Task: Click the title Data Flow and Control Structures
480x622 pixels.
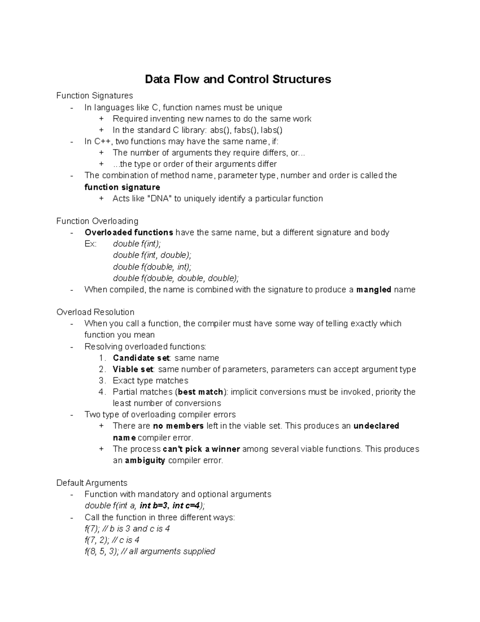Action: click(238, 79)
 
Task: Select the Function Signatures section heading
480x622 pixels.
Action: click(94, 96)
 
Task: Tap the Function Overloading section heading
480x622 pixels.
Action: click(97, 221)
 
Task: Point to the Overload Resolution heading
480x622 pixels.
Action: click(95, 312)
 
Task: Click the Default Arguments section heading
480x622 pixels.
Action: click(92, 483)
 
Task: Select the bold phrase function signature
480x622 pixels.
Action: click(122, 187)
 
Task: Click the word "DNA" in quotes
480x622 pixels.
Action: click(159, 199)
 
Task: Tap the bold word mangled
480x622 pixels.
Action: click(374, 290)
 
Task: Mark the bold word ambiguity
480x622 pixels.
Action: click(145, 461)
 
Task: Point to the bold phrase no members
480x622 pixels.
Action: click(178, 426)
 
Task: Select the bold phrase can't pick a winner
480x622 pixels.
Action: click(201, 449)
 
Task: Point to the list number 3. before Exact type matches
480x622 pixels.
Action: click(102, 381)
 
